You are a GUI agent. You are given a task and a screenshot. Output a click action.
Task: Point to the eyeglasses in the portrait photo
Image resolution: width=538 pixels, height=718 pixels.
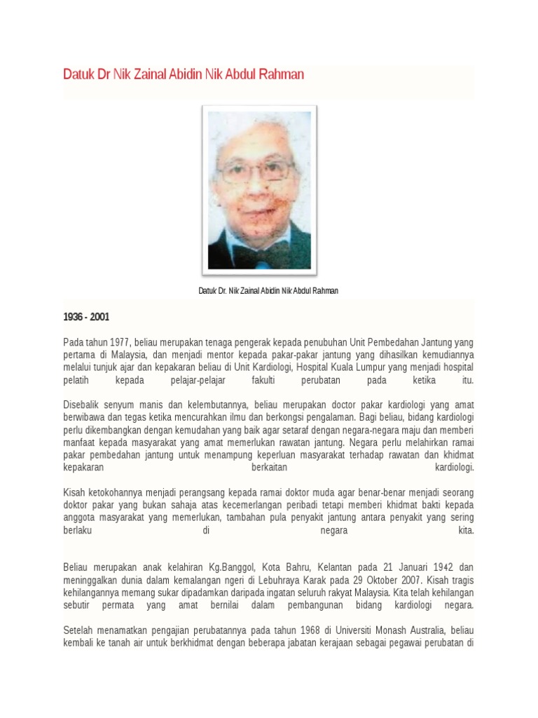257,169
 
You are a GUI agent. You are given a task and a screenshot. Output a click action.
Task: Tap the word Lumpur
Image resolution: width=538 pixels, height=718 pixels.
401,367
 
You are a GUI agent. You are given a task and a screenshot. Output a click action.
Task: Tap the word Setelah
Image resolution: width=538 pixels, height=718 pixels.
79,630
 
